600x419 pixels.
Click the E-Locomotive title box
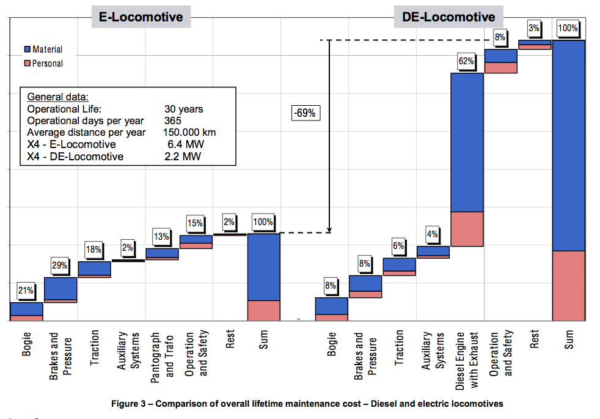coord(141,17)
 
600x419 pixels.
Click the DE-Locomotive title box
coord(448,17)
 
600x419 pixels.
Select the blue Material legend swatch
coord(27,50)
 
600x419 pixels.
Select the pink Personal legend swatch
coord(27,63)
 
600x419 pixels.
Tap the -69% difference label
coord(305,113)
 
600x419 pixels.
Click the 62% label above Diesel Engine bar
coord(466,61)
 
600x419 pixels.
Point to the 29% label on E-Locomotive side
coord(60,265)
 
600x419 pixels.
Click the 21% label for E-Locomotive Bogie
coord(26,291)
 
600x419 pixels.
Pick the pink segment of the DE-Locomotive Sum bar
coord(568,285)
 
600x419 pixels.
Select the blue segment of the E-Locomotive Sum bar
coord(263,267)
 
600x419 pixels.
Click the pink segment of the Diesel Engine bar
coord(467,229)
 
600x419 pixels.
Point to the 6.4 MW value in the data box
coord(185,144)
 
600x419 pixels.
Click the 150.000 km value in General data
coord(189,132)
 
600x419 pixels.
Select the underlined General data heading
coord(57,97)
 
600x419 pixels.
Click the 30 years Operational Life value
coord(183,109)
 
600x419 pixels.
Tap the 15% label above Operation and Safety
coord(195,223)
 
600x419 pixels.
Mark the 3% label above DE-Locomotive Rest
coord(534,28)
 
